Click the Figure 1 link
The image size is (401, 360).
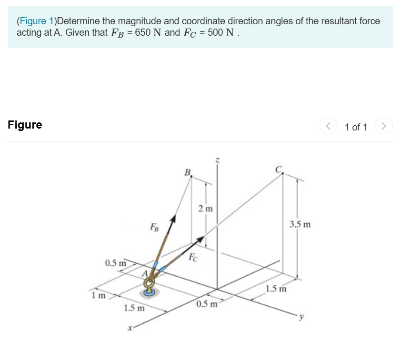coord(36,21)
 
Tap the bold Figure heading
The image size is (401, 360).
coord(25,125)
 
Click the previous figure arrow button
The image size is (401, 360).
coord(328,127)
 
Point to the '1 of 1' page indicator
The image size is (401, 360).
coord(356,127)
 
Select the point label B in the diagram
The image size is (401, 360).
coord(188,172)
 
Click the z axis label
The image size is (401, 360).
coord(217,160)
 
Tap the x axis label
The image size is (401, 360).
coord(128,328)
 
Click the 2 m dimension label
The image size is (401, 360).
coord(206,209)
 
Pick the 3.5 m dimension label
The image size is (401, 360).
coord(300,224)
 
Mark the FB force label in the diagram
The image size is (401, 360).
coord(154,226)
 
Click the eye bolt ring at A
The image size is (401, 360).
coord(149,285)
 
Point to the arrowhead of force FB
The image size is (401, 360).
coord(174,218)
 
